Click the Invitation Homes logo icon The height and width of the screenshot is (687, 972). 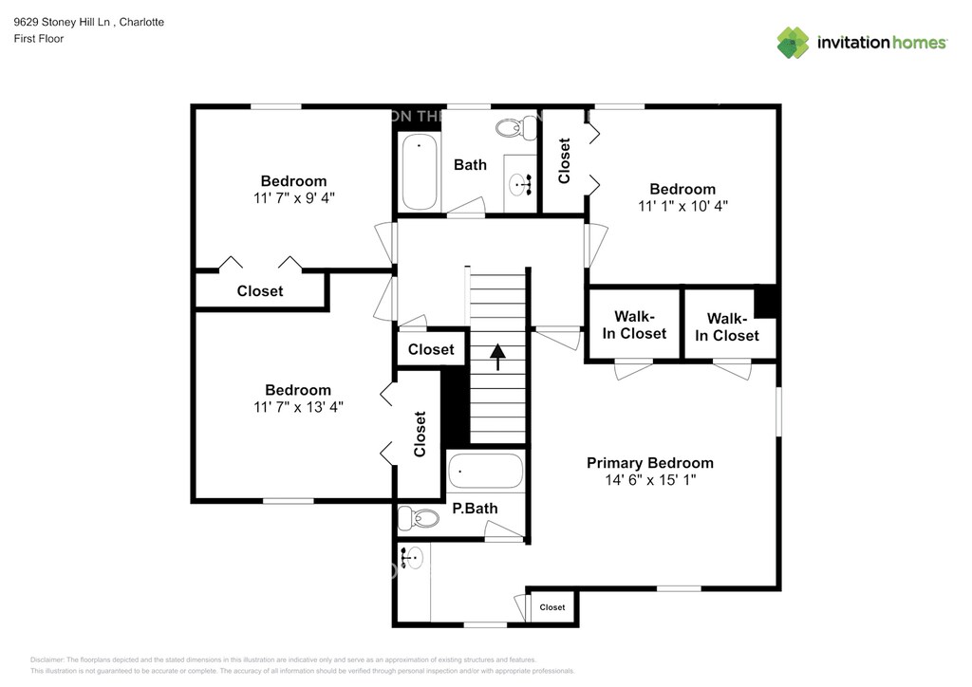coord(794,43)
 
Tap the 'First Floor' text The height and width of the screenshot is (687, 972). coord(39,39)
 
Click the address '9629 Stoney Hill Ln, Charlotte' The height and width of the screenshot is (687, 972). coord(89,22)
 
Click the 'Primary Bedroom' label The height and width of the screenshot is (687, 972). coord(649,463)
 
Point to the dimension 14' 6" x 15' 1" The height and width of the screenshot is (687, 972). coord(649,480)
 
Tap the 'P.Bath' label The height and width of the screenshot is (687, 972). coord(475,509)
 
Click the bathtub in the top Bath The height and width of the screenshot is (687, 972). coord(419,172)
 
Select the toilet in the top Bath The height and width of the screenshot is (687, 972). coord(516,126)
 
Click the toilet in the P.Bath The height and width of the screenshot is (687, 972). coord(419,518)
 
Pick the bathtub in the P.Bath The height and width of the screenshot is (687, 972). coord(485,470)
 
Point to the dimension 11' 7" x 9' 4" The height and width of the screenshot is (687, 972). coord(293,197)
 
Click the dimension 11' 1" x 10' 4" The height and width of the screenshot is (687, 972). coord(682,205)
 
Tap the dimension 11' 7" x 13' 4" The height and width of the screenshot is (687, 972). coord(297,406)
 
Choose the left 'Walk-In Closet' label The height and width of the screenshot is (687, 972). coord(634,325)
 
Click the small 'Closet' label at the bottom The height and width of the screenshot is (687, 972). coord(552,607)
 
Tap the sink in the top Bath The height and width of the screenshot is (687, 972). coord(520,184)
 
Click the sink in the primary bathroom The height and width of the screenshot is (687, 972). coord(412,557)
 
